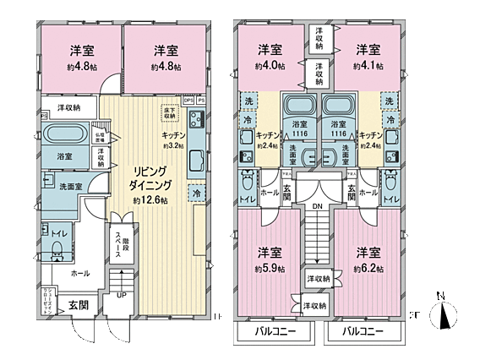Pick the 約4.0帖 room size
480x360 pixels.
[269, 65]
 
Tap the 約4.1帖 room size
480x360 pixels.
[366, 65]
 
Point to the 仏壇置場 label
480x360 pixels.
[100, 136]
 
